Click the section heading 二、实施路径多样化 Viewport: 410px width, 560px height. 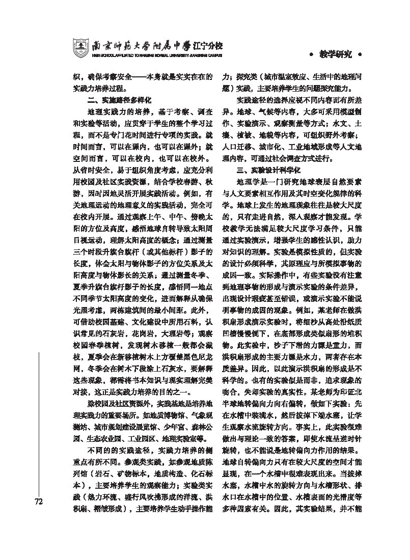point(119,100)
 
